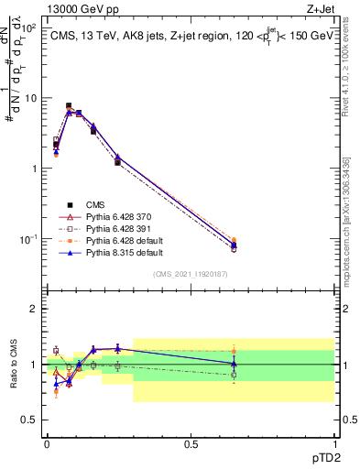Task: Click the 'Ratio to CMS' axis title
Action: pyautogui.click(x=12, y=364)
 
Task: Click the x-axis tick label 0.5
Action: pyautogui.click(x=191, y=443)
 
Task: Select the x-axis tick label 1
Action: pyautogui.click(x=333, y=443)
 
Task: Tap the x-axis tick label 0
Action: pyautogui.click(x=47, y=443)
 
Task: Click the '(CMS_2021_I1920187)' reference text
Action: pyautogui.click(x=191, y=274)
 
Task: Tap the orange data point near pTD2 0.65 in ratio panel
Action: pyautogui.click(x=234, y=350)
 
